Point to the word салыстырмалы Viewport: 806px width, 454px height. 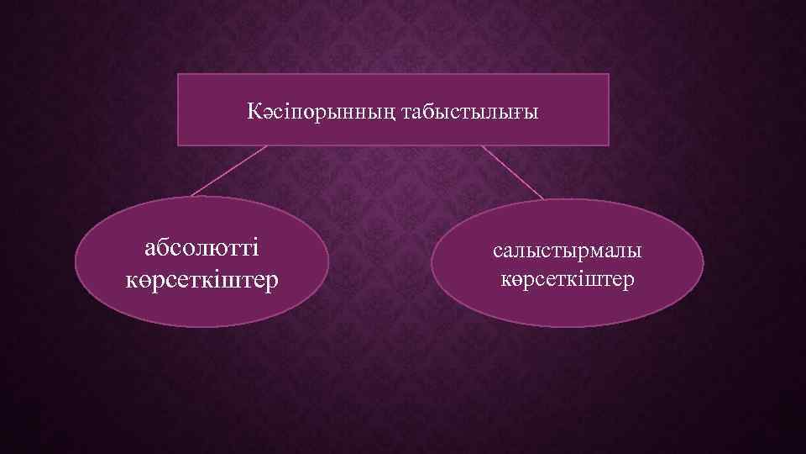click(x=567, y=251)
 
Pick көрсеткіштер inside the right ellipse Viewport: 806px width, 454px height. click(x=567, y=278)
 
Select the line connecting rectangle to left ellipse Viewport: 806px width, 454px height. click(x=228, y=172)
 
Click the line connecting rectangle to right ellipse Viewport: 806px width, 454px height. click(x=512, y=172)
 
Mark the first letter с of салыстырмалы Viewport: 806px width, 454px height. click(x=498, y=251)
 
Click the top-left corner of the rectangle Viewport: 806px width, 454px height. click(x=178, y=74)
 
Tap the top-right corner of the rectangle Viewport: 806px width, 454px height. click(x=609, y=74)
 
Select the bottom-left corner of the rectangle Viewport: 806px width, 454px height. click(x=178, y=145)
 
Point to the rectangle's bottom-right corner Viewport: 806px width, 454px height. click(x=609, y=145)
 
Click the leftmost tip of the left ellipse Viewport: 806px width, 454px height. click(x=76, y=262)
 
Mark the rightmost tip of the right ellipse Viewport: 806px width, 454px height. click(x=704, y=263)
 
